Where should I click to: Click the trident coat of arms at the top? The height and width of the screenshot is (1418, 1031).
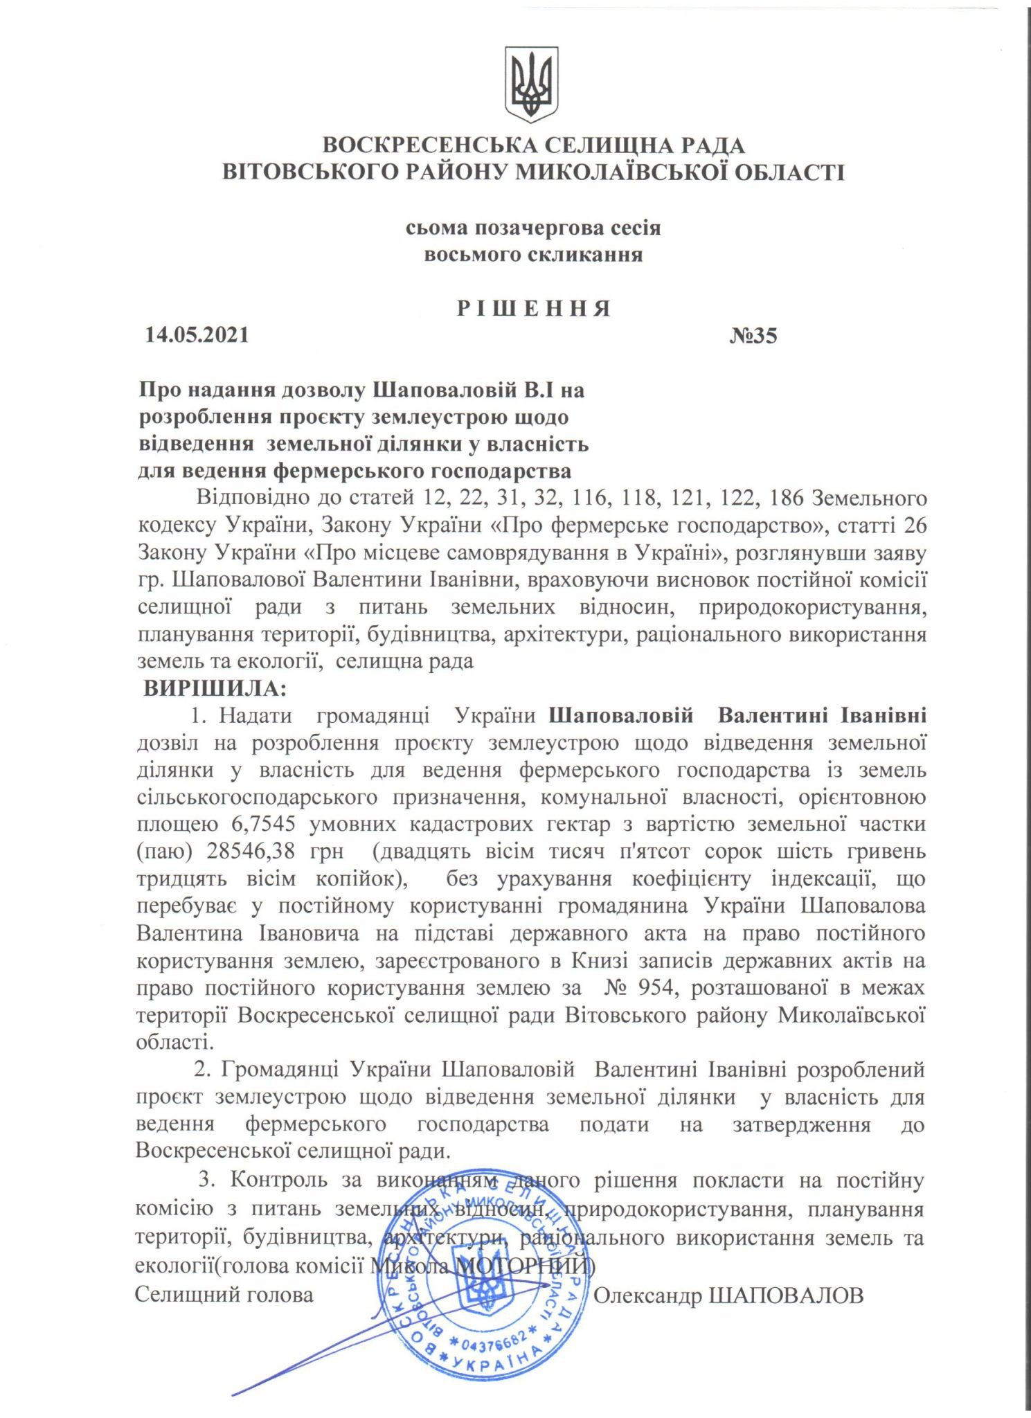(531, 84)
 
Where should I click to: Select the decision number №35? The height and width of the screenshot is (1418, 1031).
(753, 336)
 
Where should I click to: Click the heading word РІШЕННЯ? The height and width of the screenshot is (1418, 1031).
(533, 308)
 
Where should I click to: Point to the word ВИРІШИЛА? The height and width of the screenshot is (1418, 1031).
(214, 689)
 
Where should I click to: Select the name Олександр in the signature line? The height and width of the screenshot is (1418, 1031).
(647, 1295)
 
